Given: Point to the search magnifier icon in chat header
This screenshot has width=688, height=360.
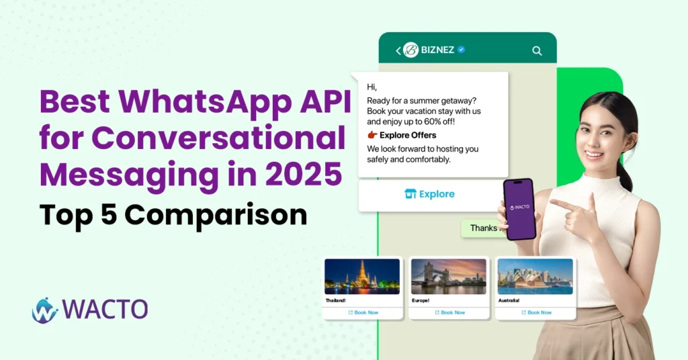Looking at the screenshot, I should click(x=536, y=50).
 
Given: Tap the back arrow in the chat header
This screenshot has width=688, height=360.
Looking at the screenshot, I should click(x=398, y=50).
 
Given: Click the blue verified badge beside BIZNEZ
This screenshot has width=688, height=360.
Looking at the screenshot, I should click(x=462, y=50).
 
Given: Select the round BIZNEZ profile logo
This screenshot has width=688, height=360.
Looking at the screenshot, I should click(x=411, y=50).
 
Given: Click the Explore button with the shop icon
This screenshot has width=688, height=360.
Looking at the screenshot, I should click(x=430, y=194).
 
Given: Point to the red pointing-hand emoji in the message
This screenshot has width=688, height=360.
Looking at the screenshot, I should click(x=372, y=135).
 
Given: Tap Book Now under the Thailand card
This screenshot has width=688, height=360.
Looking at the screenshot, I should click(x=363, y=312).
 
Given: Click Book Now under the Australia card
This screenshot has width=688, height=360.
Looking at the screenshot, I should click(x=536, y=312).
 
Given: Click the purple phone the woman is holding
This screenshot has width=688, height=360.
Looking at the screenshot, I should click(x=519, y=209).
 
